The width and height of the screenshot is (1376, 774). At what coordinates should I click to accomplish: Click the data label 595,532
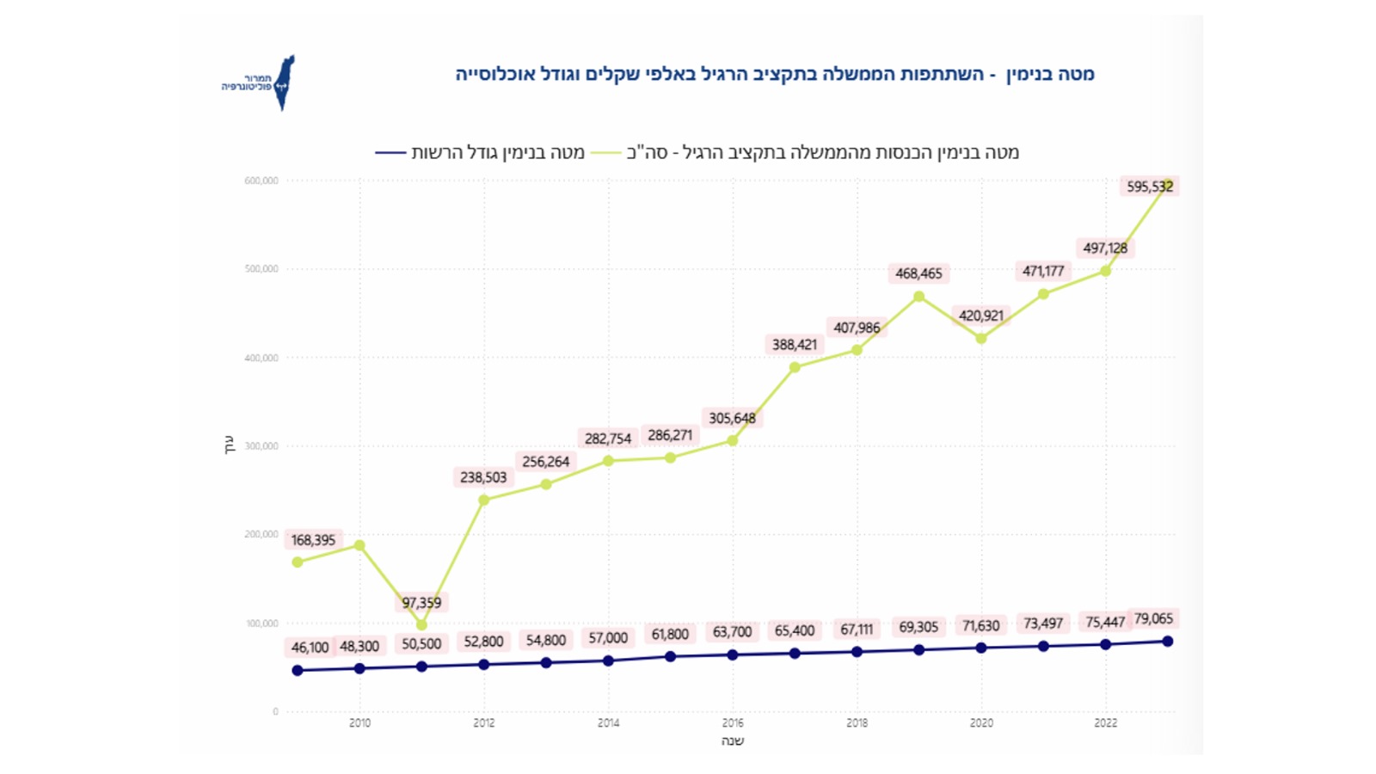[x=1149, y=187]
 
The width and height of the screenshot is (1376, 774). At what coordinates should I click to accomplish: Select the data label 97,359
[x=421, y=603]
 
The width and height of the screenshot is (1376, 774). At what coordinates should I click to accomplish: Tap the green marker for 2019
[x=919, y=297]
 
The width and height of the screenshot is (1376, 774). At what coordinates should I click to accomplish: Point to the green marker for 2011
[x=421, y=625]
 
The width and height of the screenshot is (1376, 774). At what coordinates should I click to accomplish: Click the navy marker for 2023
[x=1168, y=642]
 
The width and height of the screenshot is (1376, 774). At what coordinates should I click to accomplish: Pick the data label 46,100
[x=310, y=648]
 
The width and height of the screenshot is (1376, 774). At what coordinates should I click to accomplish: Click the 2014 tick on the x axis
[x=608, y=723]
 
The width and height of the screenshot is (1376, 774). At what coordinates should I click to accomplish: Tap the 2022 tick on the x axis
[x=1105, y=723]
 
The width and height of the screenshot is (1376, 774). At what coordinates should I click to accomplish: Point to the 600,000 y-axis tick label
[x=261, y=181]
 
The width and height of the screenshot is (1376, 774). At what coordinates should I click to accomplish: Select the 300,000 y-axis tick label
[x=261, y=446]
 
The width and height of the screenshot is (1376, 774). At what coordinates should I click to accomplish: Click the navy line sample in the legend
[x=390, y=153]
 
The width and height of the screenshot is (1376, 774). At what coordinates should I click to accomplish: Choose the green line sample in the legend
[x=605, y=153]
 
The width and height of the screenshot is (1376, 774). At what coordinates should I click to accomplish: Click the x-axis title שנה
[x=732, y=741]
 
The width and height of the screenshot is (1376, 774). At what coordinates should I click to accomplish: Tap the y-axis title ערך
[x=230, y=445]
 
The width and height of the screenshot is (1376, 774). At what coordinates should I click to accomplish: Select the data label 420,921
[x=981, y=316]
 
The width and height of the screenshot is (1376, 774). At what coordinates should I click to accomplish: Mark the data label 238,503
[x=483, y=477]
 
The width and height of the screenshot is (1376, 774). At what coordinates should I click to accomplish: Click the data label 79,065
[x=1153, y=618]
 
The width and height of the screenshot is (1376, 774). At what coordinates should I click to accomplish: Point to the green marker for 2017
[x=795, y=367]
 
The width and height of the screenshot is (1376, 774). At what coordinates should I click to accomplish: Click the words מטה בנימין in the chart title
[x=1050, y=74]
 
